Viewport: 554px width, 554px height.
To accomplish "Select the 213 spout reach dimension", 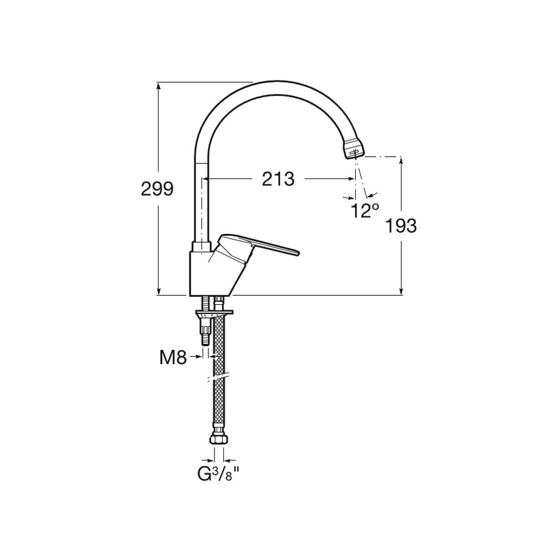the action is (x=278, y=179).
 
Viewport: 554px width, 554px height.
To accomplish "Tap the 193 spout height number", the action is (x=401, y=225).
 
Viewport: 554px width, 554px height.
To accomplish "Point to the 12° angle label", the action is (x=365, y=211).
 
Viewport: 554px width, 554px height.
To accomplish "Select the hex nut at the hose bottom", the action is (x=219, y=440).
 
